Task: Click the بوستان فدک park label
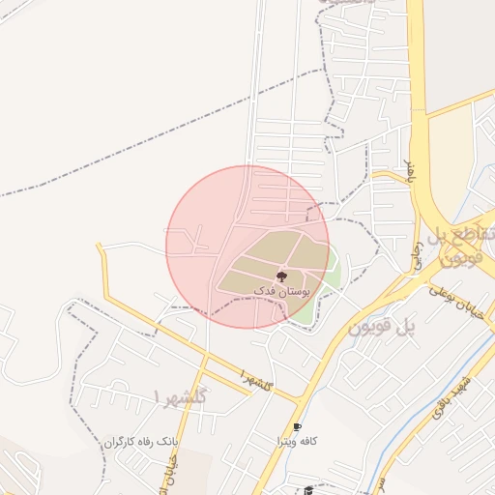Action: (x=279, y=290)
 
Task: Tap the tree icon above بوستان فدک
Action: (x=281, y=277)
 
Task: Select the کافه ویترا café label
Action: (x=288, y=442)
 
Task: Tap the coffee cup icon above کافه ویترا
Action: (x=297, y=427)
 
